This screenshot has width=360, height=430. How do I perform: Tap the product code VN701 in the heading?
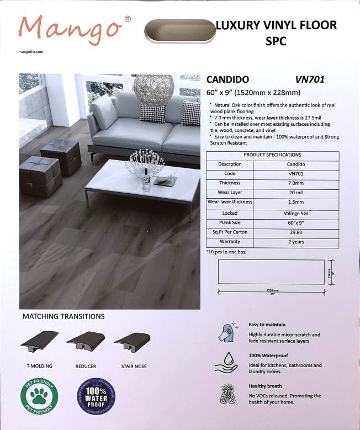coord(310,79)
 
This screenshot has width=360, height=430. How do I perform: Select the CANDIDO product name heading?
coord(227,79)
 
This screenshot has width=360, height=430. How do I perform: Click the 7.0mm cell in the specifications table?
coord(296,183)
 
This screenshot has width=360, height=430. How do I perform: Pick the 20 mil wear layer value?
coord(296,193)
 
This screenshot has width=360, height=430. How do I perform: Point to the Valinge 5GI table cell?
coord(296,213)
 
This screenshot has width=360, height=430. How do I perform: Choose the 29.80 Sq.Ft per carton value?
coord(296,232)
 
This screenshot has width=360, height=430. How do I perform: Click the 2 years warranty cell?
coord(296,242)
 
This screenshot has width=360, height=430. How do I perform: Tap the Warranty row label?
coord(230,242)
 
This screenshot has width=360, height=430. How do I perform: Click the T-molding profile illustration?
coord(40,343)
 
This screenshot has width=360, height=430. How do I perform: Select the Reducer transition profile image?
coord(86,343)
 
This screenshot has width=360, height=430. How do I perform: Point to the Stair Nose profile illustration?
coord(133,342)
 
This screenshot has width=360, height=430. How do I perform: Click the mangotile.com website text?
coord(31,51)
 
